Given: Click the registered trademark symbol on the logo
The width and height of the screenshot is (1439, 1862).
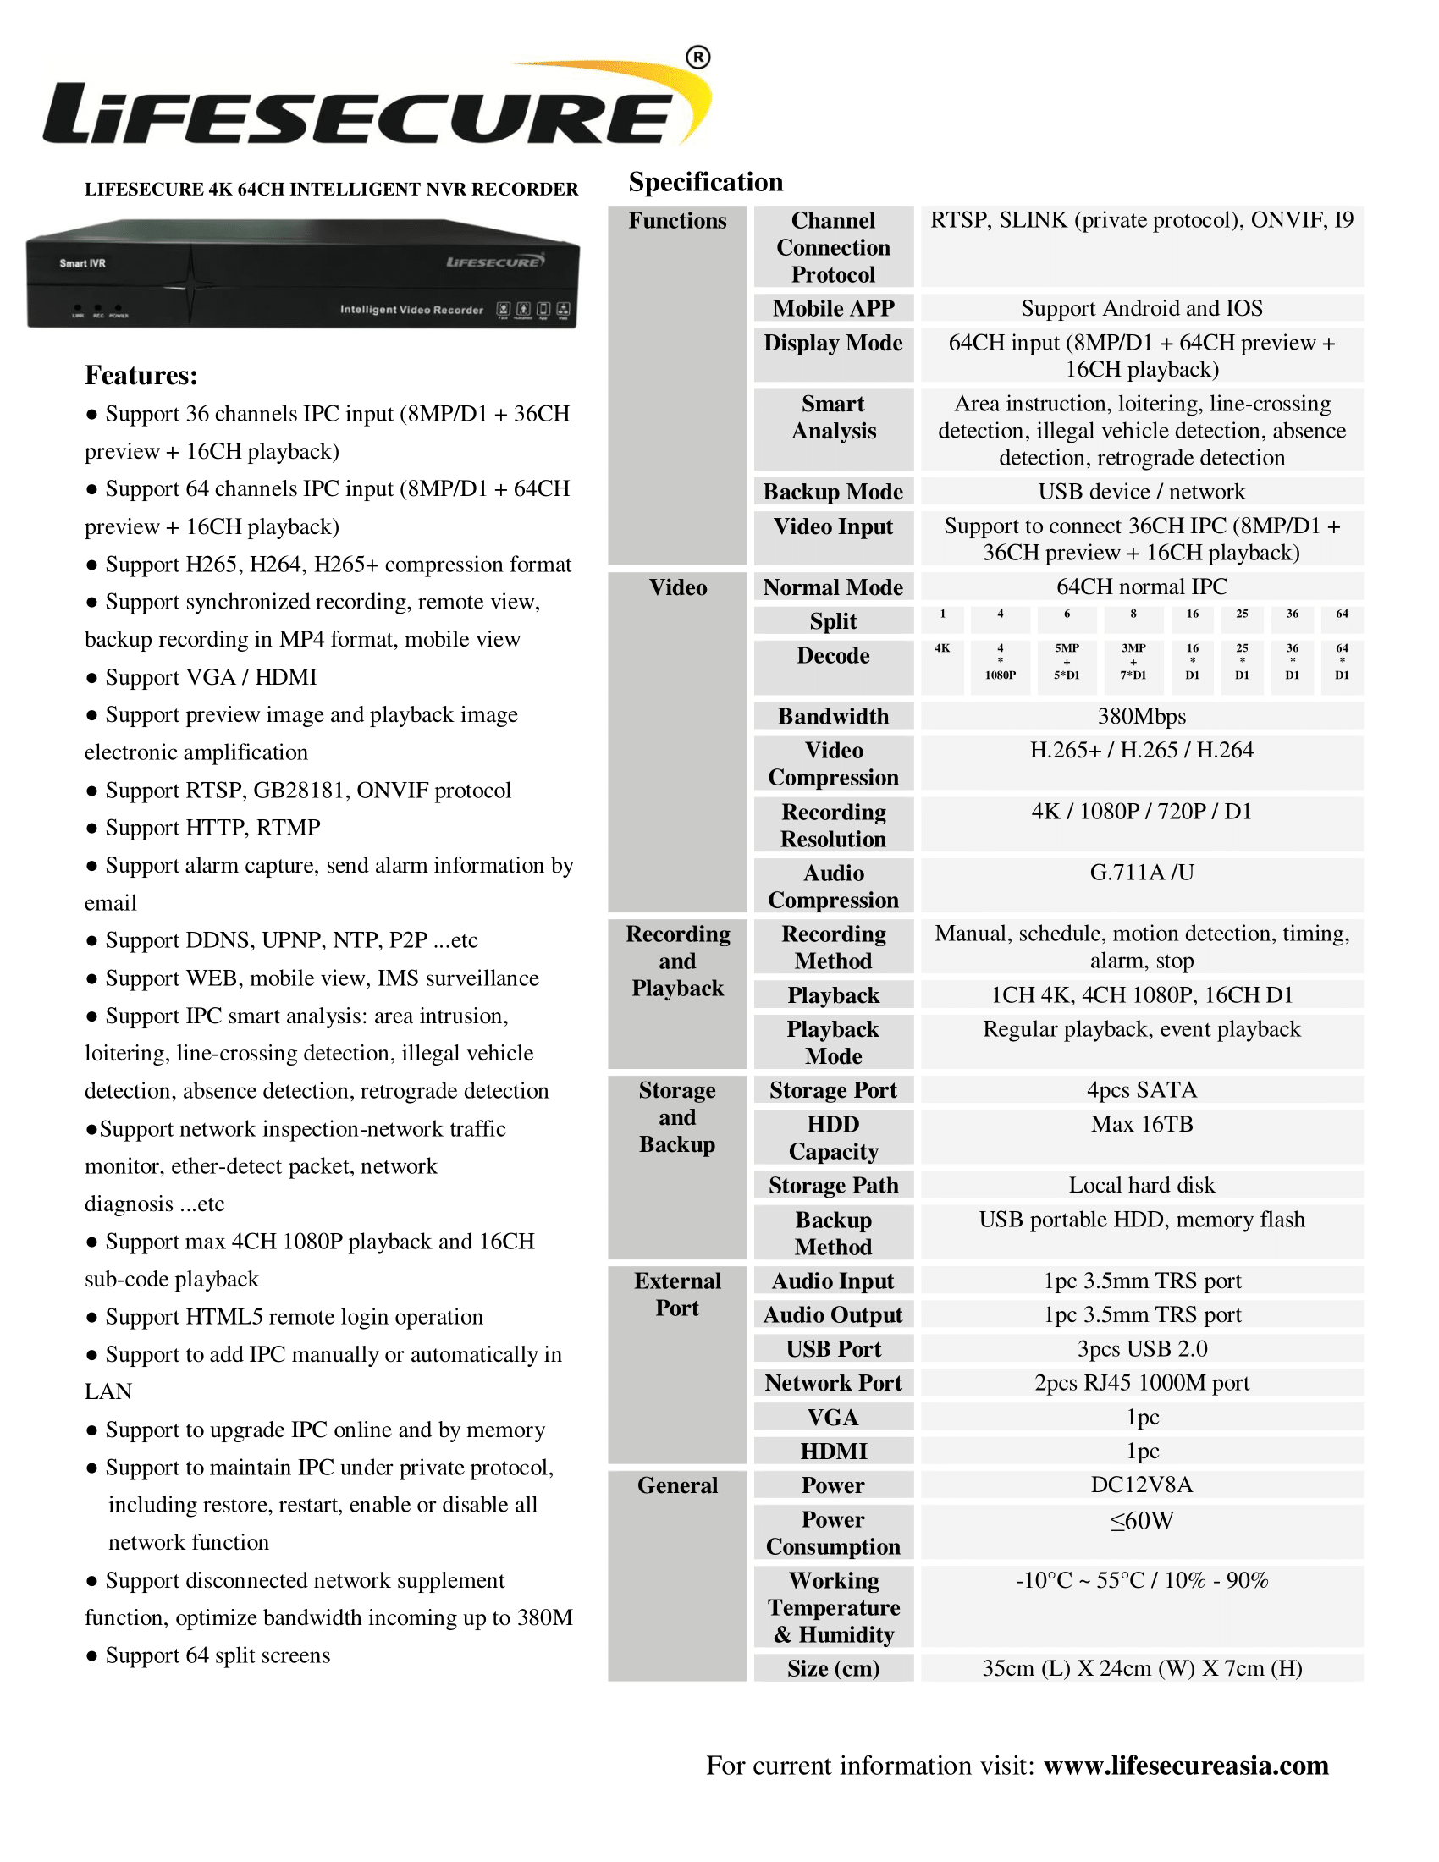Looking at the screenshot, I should click(x=697, y=57).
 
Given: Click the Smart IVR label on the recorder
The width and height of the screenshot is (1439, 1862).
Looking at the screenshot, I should click(x=83, y=263).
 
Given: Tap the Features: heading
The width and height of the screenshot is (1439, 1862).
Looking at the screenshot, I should click(x=141, y=375).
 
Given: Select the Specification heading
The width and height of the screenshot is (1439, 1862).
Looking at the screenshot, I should click(x=705, y=183).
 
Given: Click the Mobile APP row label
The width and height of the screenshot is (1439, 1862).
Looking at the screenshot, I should click(x=833, y=308).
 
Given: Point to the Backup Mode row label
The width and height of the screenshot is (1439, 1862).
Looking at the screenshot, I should click(x=833, y=492).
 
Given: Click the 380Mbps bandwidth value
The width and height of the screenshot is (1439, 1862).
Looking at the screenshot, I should click(x=1142, y=716).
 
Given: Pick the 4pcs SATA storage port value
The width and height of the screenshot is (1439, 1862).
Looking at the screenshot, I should click(x=1142, y=1089).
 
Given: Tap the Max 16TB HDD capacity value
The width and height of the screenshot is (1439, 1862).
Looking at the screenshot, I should click(x=1142, y=1125).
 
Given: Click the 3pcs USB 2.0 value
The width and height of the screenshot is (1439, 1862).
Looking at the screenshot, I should click(x=1142, y=1349).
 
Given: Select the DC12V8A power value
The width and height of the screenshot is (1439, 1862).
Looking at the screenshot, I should click(x=1142, y=1485).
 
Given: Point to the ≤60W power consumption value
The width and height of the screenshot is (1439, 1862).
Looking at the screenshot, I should click(x=1142, y=1521).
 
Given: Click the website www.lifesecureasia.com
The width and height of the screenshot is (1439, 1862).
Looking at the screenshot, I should click(x=1186, y=1765).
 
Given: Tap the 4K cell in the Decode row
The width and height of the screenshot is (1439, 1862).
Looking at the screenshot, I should click(x=942, y=649).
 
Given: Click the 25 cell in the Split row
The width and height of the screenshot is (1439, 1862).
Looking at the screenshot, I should click(x=1242, y=614).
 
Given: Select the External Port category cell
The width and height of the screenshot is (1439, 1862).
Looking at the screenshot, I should click(x=677, y=1294).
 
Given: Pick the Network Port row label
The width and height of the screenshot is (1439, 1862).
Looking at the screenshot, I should click(x=833, y=1383).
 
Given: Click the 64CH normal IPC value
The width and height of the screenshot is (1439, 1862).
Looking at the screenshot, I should click(x=1142, y=587).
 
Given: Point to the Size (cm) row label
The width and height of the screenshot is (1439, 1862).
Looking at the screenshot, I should click(x=833, y=1668).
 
